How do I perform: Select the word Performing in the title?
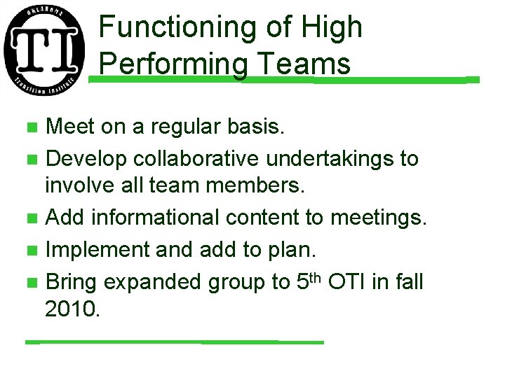click(173, 64)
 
